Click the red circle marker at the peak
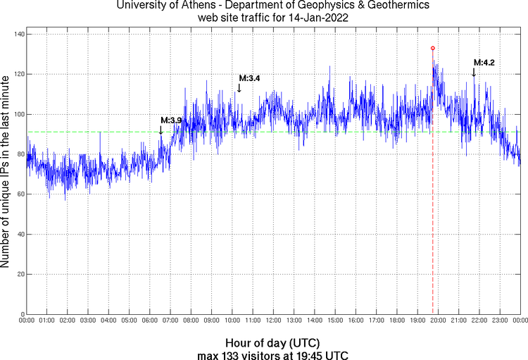coord(432,48)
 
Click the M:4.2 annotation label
coord(484,63)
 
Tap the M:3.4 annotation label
coord(250,78)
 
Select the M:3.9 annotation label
coord(171,120)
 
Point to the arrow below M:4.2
coord(474,73)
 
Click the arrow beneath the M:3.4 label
coord(239,88)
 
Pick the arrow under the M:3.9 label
coord(161,130)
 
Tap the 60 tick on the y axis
coord(18,194)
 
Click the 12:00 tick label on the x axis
coord(274,321)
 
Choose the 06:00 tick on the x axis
coord(150,321)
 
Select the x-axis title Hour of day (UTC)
coord(273,342)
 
